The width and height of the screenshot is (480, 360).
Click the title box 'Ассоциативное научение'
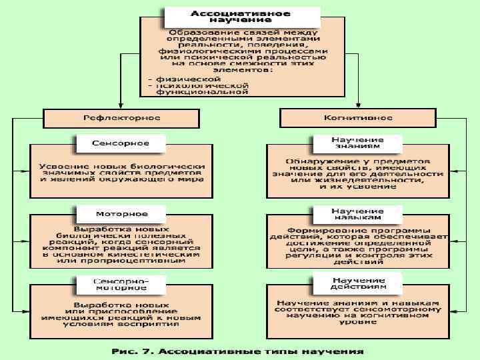point(241,17)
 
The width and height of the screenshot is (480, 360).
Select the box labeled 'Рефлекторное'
point(121,117)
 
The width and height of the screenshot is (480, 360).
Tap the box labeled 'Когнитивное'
point(358,117)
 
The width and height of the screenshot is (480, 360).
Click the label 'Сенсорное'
point(121,143)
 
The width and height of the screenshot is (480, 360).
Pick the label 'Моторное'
point(121,214)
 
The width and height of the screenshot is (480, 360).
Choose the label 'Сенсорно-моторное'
point(121,284)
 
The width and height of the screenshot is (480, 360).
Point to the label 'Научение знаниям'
point(358,143)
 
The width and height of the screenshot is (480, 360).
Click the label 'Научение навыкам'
point(358,214)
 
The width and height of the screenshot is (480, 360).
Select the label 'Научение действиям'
point(358,284)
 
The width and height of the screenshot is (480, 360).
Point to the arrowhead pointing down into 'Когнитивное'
point(358,105)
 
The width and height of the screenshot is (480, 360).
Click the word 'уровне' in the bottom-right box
point(358,322)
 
